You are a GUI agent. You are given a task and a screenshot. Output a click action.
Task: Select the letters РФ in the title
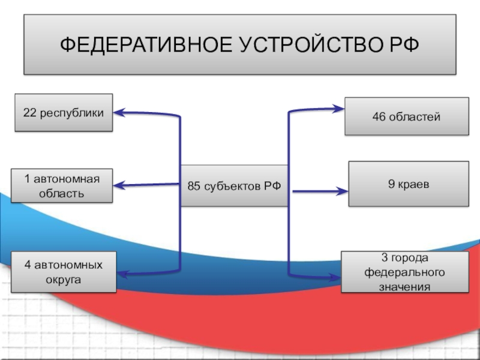click(x=400, y=45)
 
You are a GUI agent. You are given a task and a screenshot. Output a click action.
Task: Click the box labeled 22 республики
click(x=64, y=112)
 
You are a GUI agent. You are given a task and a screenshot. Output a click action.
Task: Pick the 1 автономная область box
click(x=62, y=185)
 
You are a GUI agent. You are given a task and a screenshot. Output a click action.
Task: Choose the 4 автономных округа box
click(x=64, y=272)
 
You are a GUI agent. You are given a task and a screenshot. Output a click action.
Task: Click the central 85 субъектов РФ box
click(x=234, y=186)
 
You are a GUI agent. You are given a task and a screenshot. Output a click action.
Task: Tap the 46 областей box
click(x=407, y=116)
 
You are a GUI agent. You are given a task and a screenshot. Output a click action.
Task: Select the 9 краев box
click(x=408, y=185)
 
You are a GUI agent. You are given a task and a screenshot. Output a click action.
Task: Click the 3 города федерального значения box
click(x=404, y=272)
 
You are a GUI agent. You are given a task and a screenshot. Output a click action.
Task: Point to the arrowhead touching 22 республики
click(x=120, y=112)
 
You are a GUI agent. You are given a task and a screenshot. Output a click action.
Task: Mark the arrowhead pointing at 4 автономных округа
click(x=122, y=274)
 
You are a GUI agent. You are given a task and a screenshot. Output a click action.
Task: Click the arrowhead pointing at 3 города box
click(x=336, y=277)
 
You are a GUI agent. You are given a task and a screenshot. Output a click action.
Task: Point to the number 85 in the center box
click(x=194, y=187)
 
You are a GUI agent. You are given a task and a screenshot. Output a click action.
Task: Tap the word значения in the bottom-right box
click(x=404, y=286)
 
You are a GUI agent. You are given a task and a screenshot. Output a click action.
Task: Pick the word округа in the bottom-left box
click(x=63, y=280)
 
